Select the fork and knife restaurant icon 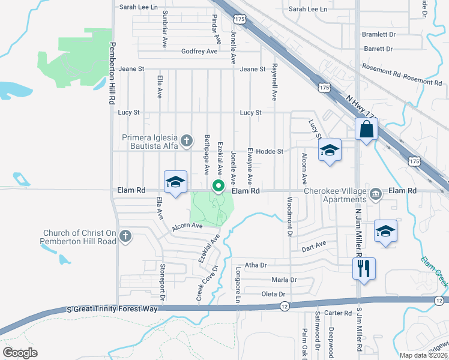pos(364,268)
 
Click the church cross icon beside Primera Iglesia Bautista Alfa pos(187,141)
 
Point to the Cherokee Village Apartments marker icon pos(376,194)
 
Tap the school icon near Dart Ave pos(385,231)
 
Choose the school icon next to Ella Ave pos(175,182)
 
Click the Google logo pos(20,352)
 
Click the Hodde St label pos(270,152)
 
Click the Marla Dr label pos(284,280)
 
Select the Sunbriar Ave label pos(164,28)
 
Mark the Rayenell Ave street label pos(274,82)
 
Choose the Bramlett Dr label pos(378,35)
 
